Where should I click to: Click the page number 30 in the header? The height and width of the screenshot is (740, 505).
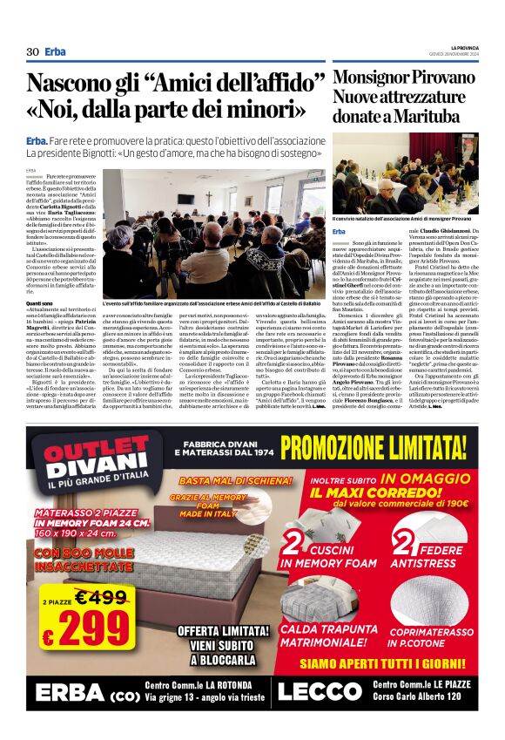pos(32,51)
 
